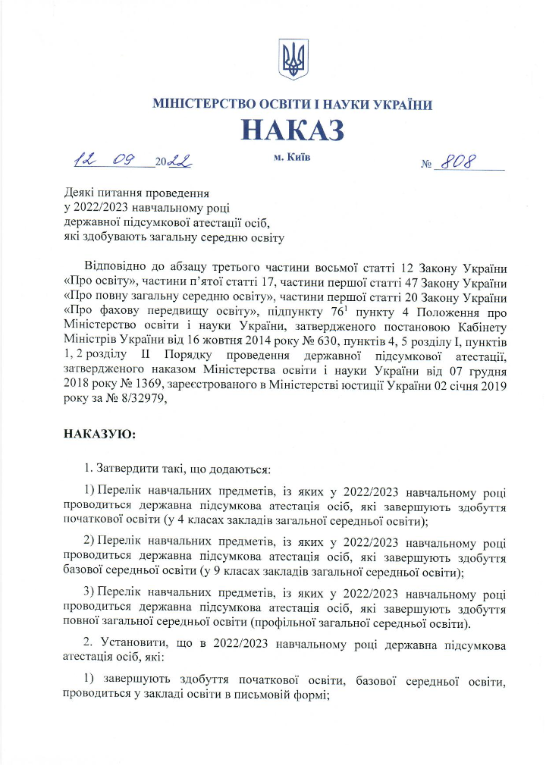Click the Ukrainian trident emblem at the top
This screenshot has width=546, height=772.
pyautogui.click(x=292, y=59)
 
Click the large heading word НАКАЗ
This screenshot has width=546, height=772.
pyautogui.click(x=293, y=130)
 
